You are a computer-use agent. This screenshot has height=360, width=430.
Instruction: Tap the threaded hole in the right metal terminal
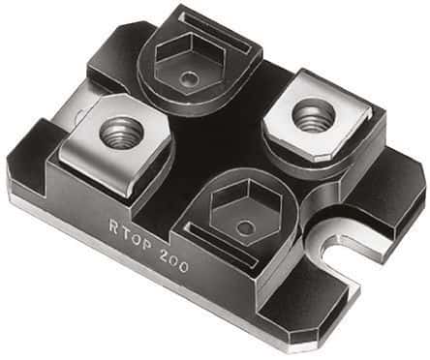coord(312,117)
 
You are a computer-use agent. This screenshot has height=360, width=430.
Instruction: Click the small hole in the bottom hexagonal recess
coord(248,228)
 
